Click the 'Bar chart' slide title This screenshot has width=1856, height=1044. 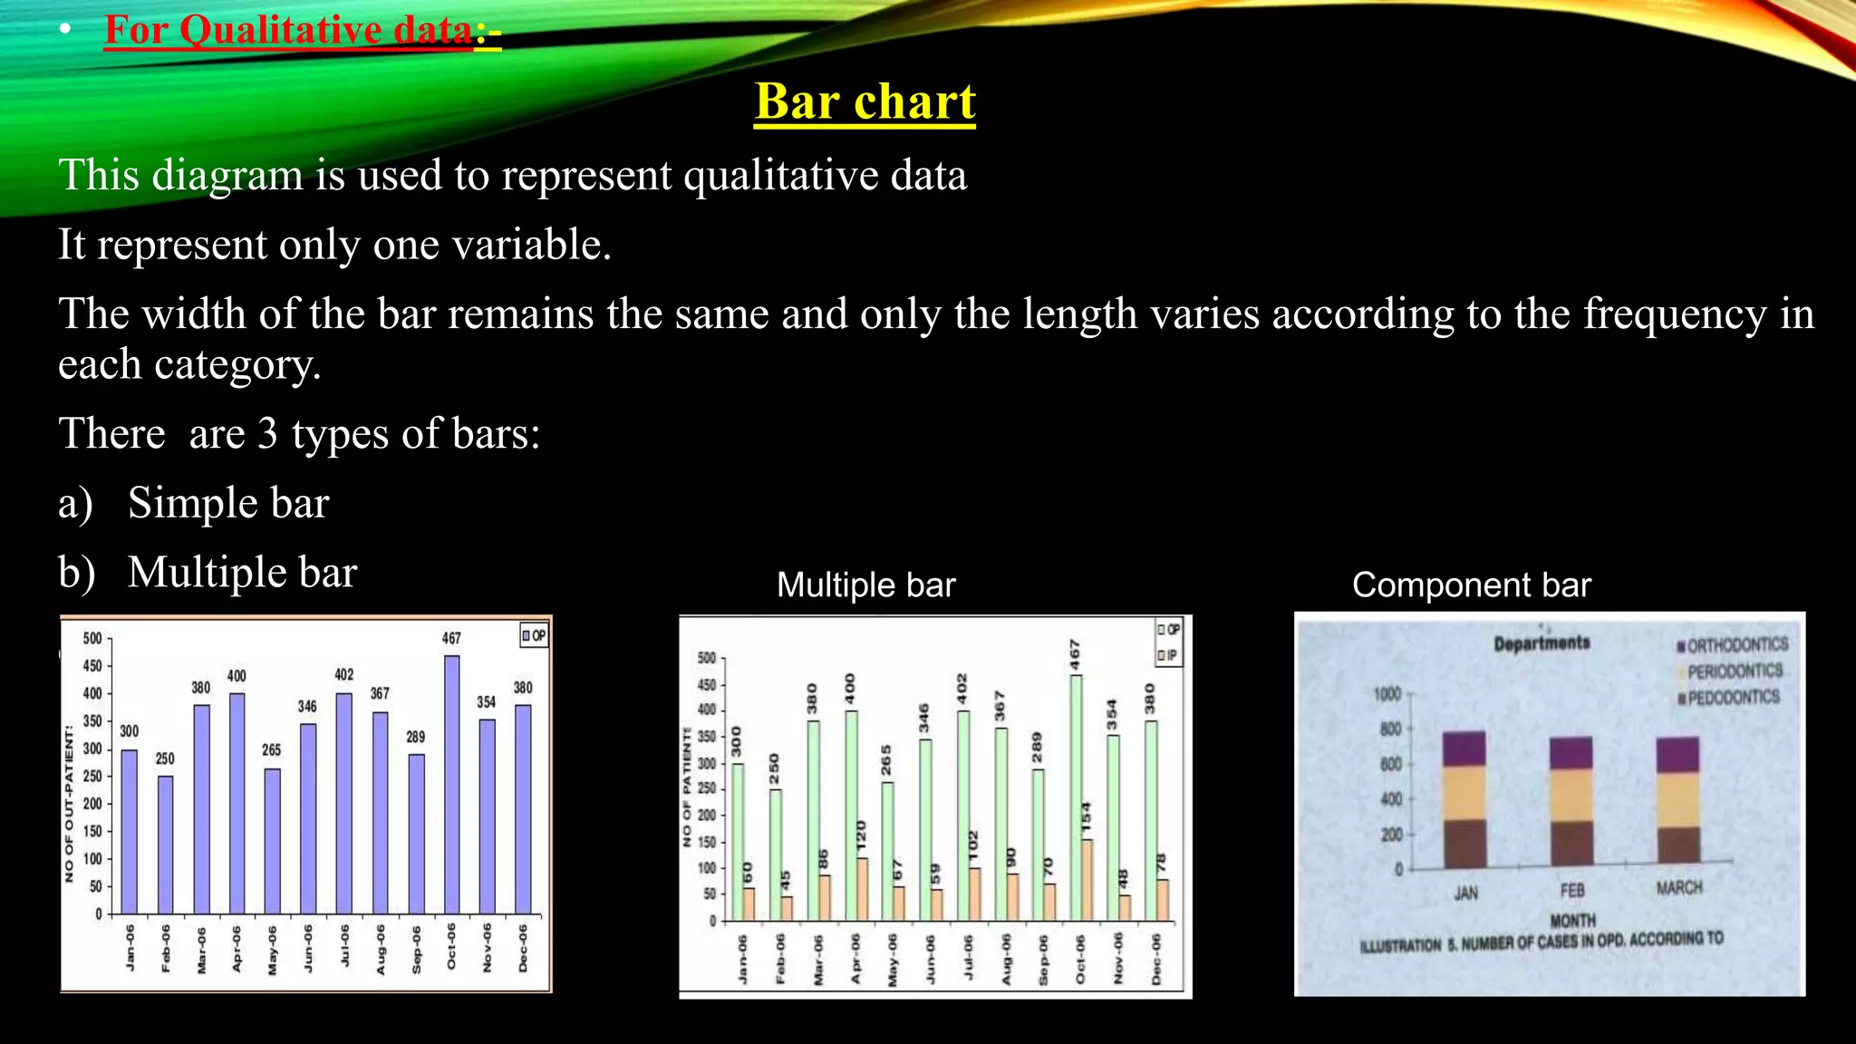coord(865,101)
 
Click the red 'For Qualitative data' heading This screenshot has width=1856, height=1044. coord(288,31)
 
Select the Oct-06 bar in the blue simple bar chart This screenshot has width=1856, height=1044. coord(451,784)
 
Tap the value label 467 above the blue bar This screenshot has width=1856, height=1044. coord(451,638)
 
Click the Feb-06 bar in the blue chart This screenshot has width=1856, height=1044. coord(165,844)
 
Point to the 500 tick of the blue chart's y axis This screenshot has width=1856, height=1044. coord(92,639)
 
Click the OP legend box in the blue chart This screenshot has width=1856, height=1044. coord(534,635)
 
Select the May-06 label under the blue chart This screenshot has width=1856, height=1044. coord(272,950)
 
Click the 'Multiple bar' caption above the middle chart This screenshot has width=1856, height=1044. coord(865,585)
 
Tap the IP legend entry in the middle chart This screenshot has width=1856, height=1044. coord(1167,655)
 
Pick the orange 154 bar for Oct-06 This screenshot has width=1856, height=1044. coord(1087,879)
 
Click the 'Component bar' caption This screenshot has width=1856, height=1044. coord(1471,585)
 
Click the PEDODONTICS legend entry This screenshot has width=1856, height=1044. coord(1732,698)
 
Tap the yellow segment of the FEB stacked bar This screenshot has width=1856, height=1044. coord(1571,795)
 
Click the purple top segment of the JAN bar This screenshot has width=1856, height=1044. coord(1464,749)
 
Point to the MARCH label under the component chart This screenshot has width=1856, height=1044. coord(1678,888)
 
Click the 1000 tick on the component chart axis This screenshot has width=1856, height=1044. coord(1387,694)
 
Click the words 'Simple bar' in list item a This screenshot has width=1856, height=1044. coord(228,503)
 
